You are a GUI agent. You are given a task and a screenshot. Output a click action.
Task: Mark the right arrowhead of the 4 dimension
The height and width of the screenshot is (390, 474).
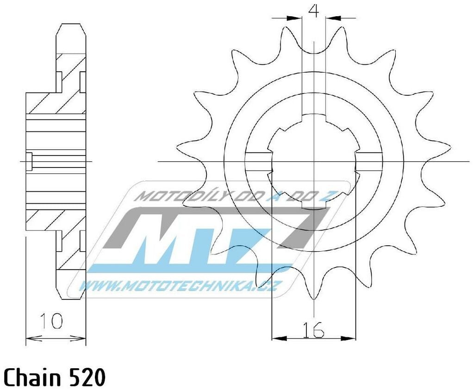[x=332, y=19]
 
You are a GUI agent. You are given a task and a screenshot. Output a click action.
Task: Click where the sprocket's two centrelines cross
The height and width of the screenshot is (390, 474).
[x=314, y=161]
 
